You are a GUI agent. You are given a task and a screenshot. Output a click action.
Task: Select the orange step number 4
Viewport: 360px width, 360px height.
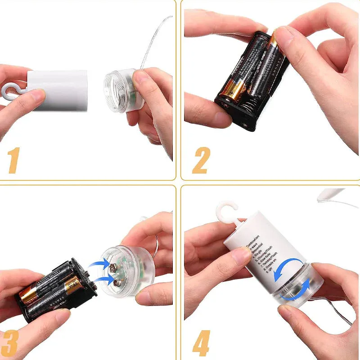point(201,343)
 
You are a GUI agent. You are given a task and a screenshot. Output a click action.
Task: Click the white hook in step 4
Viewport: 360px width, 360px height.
point(227,211)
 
